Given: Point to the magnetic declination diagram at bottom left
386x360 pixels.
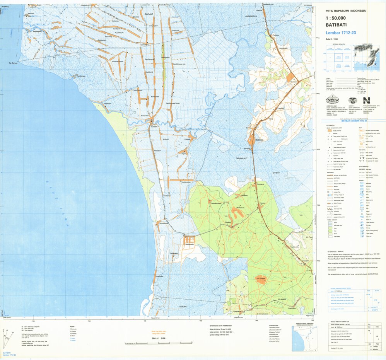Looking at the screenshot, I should coord(9,335).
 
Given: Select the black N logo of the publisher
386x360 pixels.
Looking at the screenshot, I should coord(366,100).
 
